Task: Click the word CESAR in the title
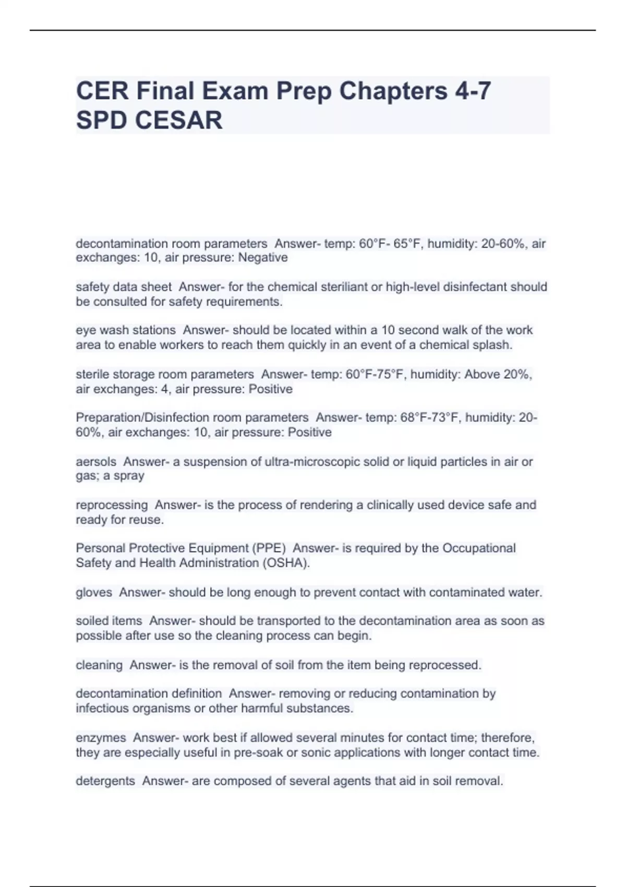coord(178,121)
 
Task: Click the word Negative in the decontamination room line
coord(263,258)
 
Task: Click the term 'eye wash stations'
coord(126,330)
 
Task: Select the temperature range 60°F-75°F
coord(374,375)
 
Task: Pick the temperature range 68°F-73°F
coord(428,418)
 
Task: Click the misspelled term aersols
coord(96,462)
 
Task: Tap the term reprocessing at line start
coord(112,505)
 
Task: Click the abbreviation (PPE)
coord(269,548)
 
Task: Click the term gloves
coord(94,593)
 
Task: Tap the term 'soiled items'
coord(109,621)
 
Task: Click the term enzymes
coord(101,738)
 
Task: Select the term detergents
coord(105,781)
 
